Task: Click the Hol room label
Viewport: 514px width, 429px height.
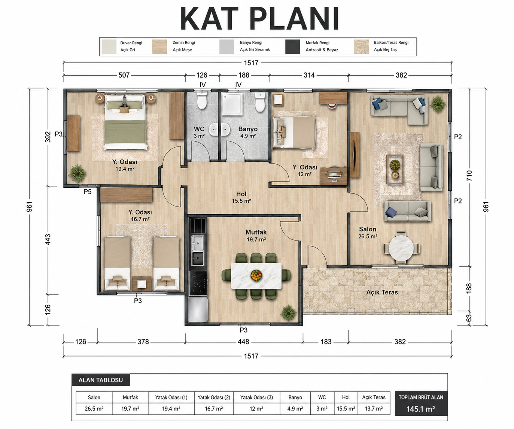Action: tap(241, 194)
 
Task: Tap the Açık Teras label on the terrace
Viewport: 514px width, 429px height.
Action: tap(382, 292)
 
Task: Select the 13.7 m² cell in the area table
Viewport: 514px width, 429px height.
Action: tap(374, 408)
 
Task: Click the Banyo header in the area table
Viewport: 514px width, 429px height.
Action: tap(295, 397)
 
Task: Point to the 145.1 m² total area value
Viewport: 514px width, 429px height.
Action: tap(421, 409)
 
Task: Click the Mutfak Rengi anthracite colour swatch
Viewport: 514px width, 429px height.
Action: tap(292, 46)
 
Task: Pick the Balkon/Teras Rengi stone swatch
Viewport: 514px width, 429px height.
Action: tap(361, 46)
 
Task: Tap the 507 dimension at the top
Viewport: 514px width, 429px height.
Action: tap(124, 75)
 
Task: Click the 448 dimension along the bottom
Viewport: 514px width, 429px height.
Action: tap(243, 342)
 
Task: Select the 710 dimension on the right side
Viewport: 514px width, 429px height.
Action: tap(469, 176)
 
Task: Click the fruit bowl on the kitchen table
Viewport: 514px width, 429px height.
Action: tap(256, 275)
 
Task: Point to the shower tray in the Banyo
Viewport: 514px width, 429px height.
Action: tap(232, 104)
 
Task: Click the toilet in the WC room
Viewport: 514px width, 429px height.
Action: tap(202, 101)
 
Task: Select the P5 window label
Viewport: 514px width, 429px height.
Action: tap(87, 192)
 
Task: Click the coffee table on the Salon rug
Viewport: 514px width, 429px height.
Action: tap(395, 169)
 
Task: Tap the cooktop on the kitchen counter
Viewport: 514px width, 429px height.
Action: tap(198, 283)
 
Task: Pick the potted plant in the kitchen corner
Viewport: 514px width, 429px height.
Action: tap(288, 313)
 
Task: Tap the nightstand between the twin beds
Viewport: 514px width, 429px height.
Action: tap(142, 284)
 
